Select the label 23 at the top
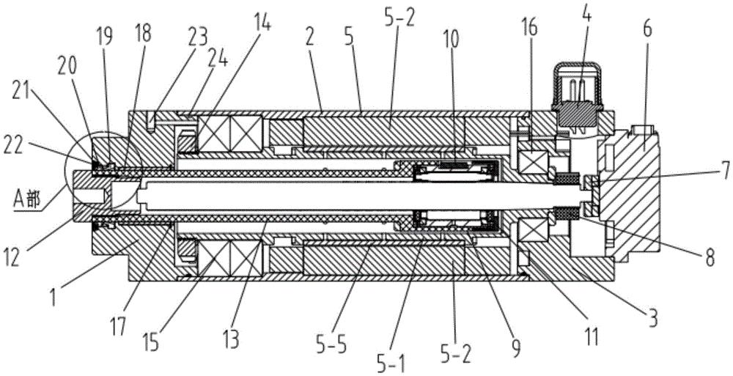pyautogui.click(x=197, y=36)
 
